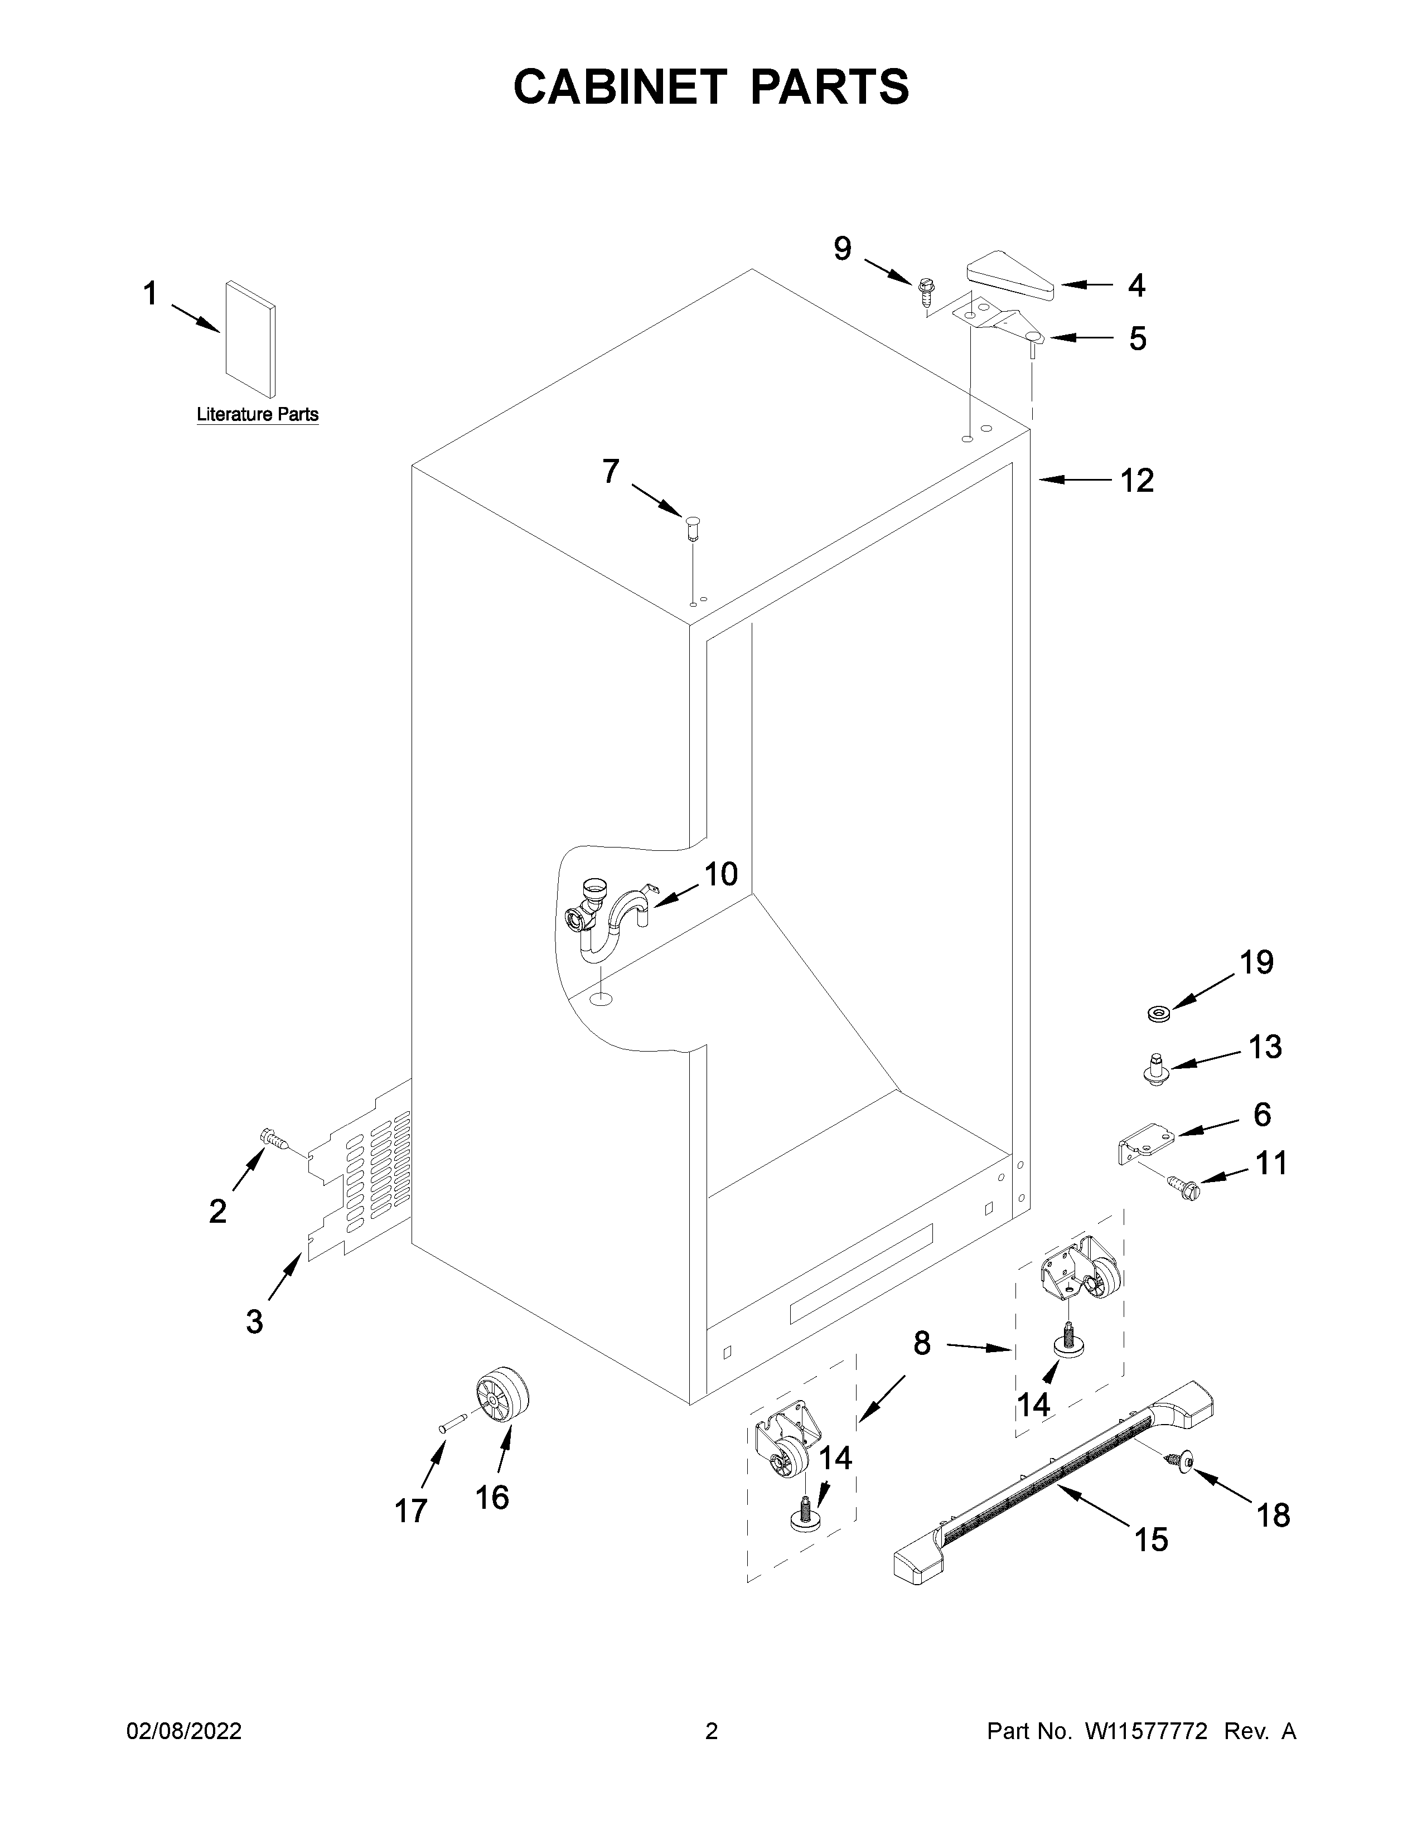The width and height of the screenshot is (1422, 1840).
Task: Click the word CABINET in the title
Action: point(619,87)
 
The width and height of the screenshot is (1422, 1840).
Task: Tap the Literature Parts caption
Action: point(257,414)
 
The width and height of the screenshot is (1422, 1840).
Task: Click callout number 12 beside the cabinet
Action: point(1136,481)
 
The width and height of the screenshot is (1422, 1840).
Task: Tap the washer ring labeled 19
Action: point(1159,1011)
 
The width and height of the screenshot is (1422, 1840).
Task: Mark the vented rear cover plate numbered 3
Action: point(362,1186)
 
